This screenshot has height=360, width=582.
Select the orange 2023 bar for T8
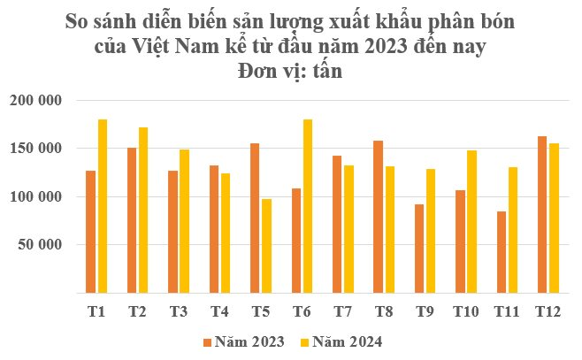coord(379,216)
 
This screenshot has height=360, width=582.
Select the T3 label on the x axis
coord(179,311)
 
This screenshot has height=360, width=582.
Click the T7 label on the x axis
coord(343,311)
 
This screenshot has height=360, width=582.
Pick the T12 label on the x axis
coord(548,311)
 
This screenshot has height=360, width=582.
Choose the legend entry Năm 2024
coord(345,341)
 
